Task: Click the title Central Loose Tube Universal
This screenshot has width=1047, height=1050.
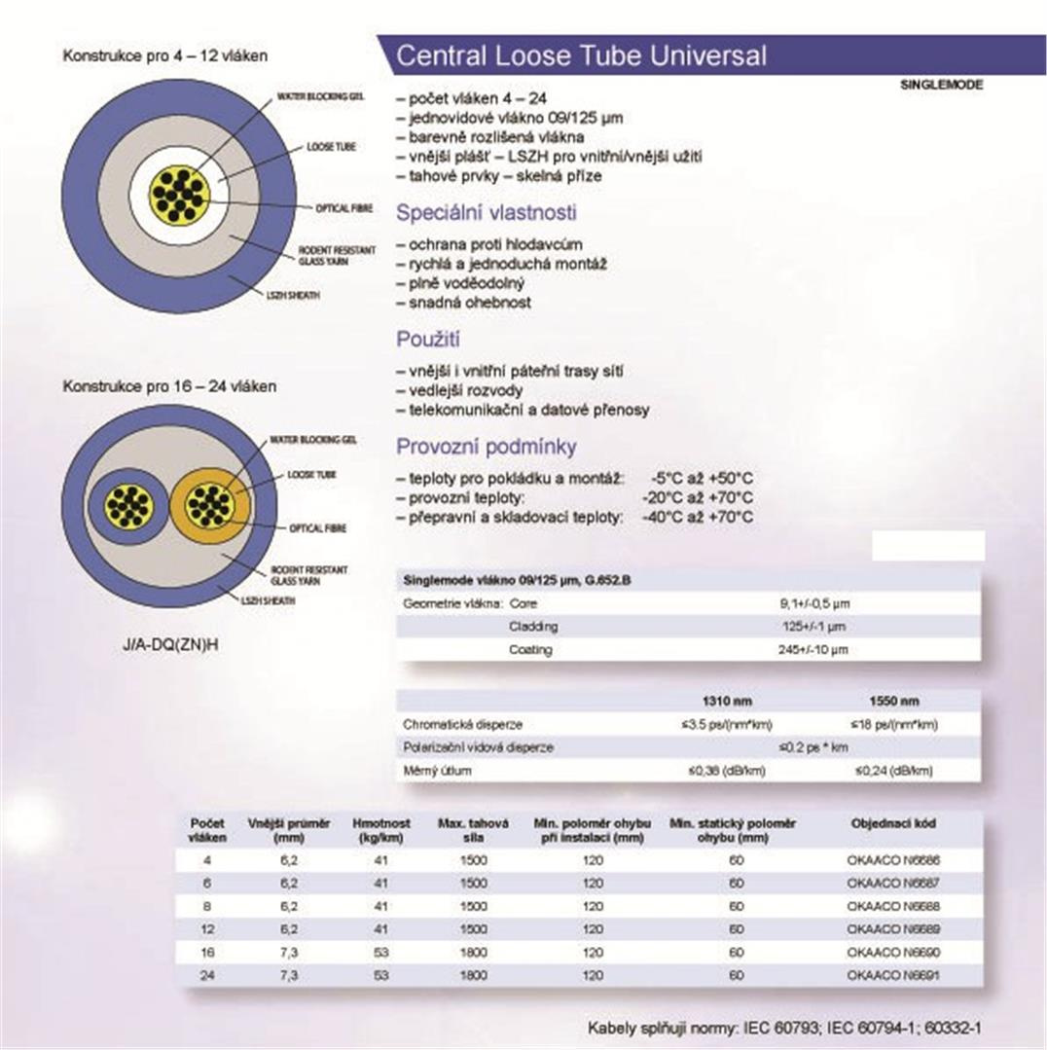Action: pyautogui.click(x=581, y=55)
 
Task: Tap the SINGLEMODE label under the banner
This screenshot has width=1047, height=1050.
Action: pyautogui.click(x=942, y=85)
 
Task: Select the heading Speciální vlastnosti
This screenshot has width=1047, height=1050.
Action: pyautogui.click(x=486, y=212)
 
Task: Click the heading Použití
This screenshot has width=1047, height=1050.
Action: pyautogui.click(x=428, y=340)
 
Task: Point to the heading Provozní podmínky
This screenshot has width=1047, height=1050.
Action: pyautogui.click(x=486, y=447)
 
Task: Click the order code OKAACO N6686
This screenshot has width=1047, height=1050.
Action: pyautogui.click(x=893, y=860)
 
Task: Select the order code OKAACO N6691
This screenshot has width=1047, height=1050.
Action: pyautogui.click(x=893, y=974)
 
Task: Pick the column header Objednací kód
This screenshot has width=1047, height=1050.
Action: pyautogui.click(x=893, y=823)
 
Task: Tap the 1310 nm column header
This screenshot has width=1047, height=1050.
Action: pyautogui.click(x=727, y=701)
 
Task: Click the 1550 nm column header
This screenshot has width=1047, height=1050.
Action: pyautogui.click(x=893, y=701)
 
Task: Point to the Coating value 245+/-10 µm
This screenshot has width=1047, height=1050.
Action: pyautogui.click(x=812, y=649)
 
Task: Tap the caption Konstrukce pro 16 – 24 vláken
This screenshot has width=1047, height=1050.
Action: pyautogui.click(x=169, y=386)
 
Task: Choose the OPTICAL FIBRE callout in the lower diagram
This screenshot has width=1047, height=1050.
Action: pyautogui.click(x=316, y=528)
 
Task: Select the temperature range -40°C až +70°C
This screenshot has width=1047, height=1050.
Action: pyautogui.click(x=698, y=518)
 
